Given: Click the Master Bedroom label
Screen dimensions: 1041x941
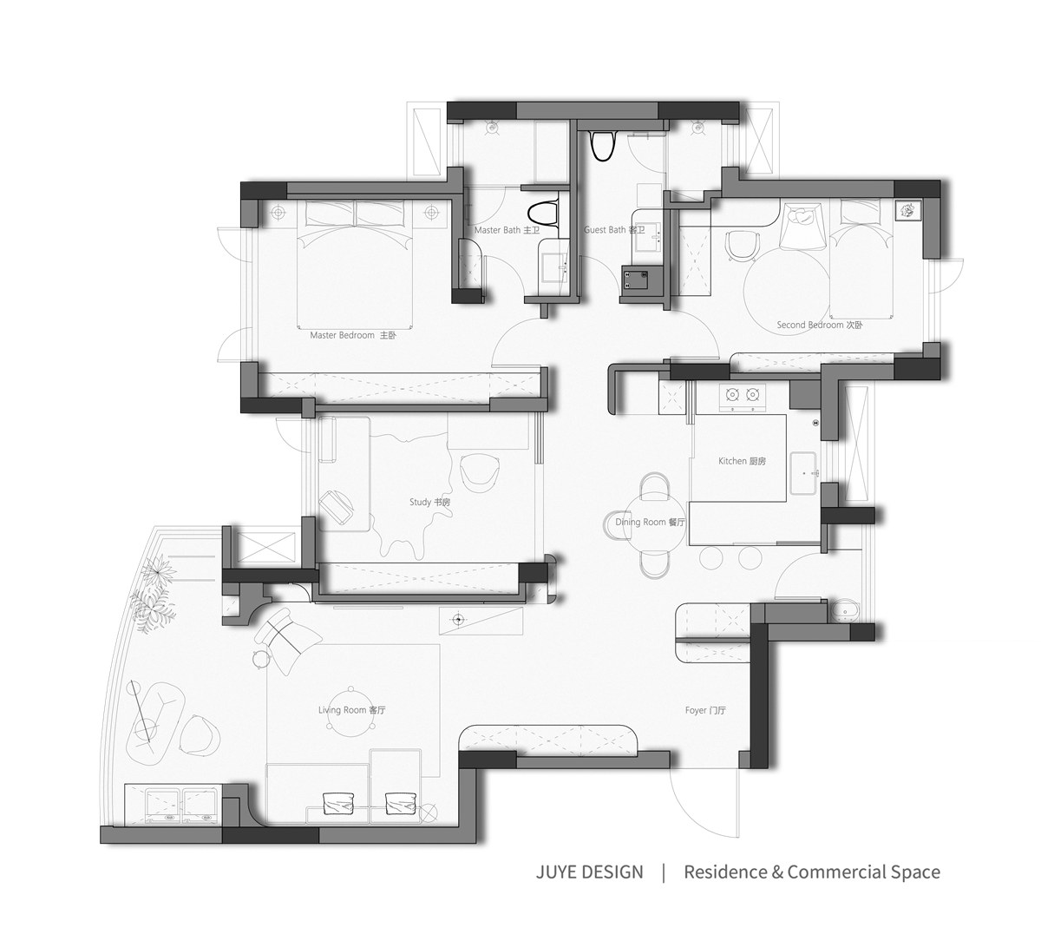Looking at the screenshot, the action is point(353,335).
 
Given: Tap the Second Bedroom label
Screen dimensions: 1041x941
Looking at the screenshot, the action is point(820,325).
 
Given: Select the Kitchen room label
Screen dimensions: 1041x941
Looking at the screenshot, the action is point(742,461).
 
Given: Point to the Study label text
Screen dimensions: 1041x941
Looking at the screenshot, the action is point(429,502).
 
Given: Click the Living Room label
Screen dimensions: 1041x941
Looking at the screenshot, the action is point(352,710).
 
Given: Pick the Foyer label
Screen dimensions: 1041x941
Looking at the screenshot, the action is point(705,710).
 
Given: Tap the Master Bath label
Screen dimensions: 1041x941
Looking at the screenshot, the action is point(507,229).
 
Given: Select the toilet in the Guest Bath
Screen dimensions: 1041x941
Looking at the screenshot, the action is point(603,146).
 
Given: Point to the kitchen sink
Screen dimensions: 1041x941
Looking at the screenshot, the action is point(803,474).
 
